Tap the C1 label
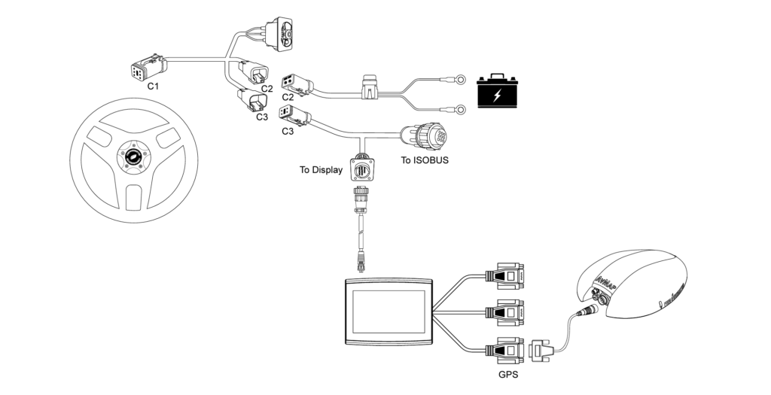pyautogui.click(x=153, y=87)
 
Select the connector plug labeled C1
pyautogui.click(x=144, y=71)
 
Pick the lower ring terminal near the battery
pyautogui.click(x=456, y=108)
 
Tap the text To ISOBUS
pyautogui.click(x=425, y=160)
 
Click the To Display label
pyautogui.click(x=321, y=170)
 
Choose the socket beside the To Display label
pyautogui.click(x=361, y=170)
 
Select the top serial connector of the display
pyautogui.click(x=504, y=276)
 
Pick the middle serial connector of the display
pyautogui.click(x=504, y=311)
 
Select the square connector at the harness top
pyautogui.click(x=287, y=35)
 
